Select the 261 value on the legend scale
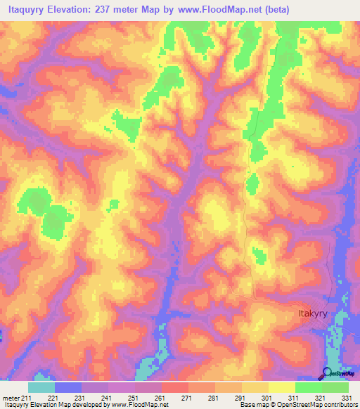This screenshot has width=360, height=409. click(161, 397)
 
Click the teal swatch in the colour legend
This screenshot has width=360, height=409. click(41, 387)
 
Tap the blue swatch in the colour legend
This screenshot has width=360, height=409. click(68, 387)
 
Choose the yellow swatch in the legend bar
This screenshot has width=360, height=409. click(281, 387)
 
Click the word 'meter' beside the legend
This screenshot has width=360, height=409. click(12, 397)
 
